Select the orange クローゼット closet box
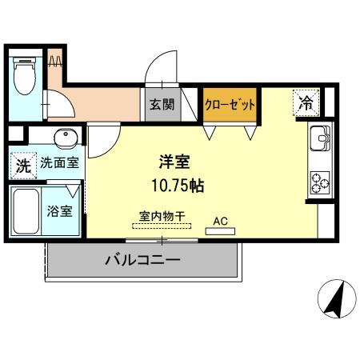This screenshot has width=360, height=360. [230, 105]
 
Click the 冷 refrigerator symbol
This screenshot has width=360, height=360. [305, 102]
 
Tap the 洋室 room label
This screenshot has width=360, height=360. [174, 161]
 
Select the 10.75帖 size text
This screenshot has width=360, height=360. [177, 186]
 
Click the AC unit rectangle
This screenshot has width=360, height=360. [220, 231]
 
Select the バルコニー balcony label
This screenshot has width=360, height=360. [142, 261]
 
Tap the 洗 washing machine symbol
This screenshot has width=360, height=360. [23, 167]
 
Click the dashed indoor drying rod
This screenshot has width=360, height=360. [163, 226]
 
